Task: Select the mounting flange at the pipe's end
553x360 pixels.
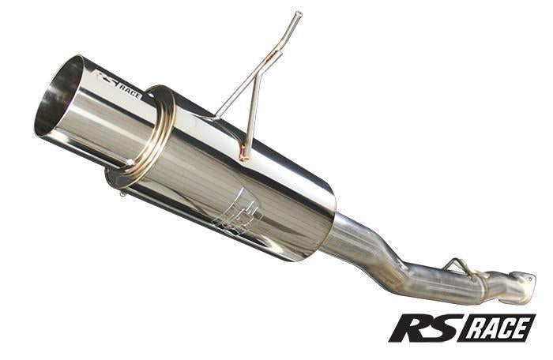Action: (x=522, y=286)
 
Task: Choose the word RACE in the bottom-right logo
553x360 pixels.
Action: (x=497, y=328)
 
